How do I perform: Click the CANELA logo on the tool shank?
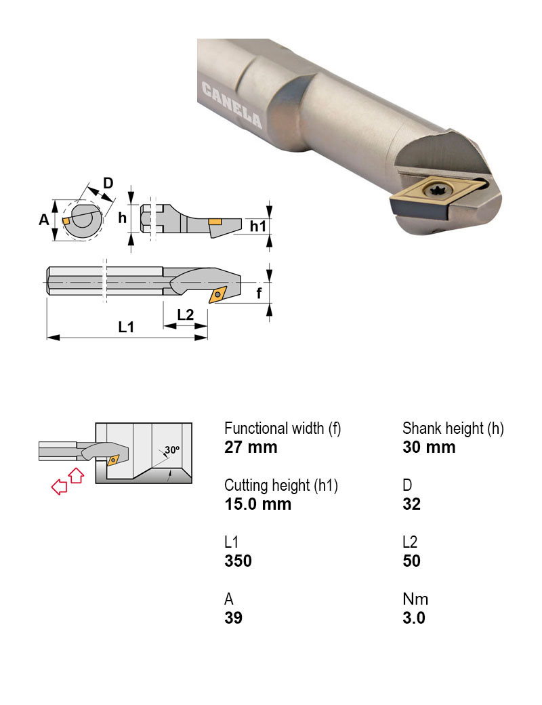[x=232, y=105]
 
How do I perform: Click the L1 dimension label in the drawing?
[x=125, y=327]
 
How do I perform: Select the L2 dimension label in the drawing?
[x=185, y=315]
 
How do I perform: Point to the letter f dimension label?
[x=259, y=294]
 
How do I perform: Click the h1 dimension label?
[x=258, y=226]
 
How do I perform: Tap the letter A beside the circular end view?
[x=44, y=219]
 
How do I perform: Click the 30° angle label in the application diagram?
[x=172, y=449]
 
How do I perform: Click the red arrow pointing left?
[x=60, y=486]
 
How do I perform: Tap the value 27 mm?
[x=251, y=447]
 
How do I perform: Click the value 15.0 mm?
[x=257, y=504]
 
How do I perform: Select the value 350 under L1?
[x=238, y=561]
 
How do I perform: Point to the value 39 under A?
[x=233, y=618]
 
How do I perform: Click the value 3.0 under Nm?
[x=413, y=618]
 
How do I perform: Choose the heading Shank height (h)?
[x=453, y=428]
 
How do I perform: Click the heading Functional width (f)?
[x=283, y=428]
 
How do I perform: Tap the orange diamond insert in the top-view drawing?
[x=219, y=294]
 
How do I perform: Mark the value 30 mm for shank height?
[x=429, y=447]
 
